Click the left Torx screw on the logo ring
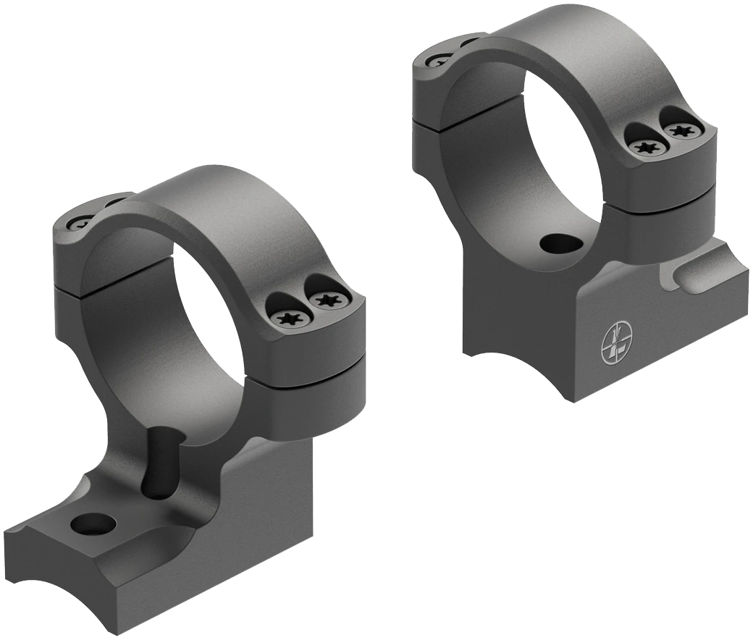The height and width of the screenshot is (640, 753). [644, 148]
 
